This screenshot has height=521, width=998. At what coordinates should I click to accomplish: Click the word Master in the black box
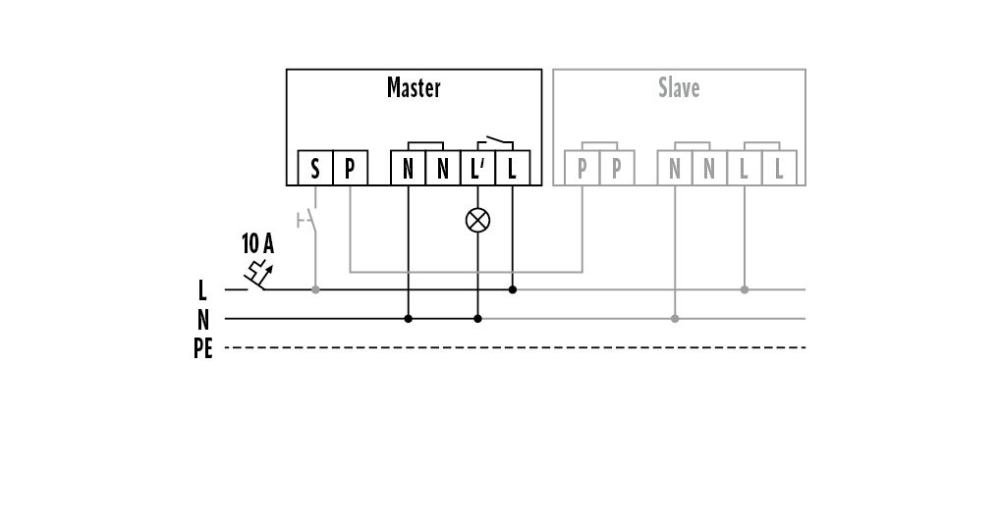click(x=414, y=87)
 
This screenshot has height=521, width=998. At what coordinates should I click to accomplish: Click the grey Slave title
click(x=679, y=87)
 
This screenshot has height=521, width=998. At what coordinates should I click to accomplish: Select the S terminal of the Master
click(x=315, y=168)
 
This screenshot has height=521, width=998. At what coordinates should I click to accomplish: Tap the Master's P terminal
click(x=350, y=168)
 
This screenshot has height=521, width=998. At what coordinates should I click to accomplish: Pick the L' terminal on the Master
click(x=478, y=168)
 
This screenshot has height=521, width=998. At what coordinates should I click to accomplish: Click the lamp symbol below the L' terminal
click(x=478, y=221)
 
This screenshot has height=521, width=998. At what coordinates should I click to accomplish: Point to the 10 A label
click(x=257, y=243)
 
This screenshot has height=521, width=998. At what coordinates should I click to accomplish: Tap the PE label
click(x=203, y=348)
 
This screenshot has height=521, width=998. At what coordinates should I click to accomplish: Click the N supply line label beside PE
click(x=203, y=319)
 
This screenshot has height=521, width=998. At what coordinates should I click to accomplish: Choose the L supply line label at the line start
click(x=202, y=290)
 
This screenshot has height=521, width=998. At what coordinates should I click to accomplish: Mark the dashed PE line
click(x=516, y=348)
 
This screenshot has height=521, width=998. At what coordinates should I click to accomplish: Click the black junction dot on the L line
click(x=513, y=289)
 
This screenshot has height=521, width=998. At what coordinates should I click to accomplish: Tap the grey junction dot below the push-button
click(x=315, y=289)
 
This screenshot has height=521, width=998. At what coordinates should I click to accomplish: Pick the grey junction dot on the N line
click(x=675, y=319)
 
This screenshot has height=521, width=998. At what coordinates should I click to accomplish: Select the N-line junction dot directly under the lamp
click(x=478, y=319)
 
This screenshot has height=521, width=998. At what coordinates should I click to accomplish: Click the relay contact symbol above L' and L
click(x=495, y=142)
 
